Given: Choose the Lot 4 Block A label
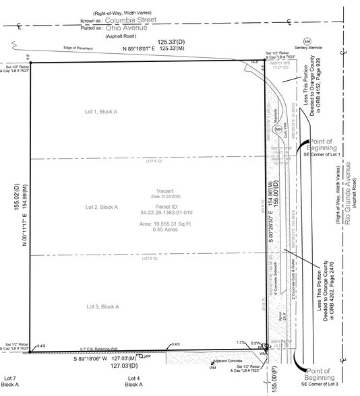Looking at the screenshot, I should coord(133,381).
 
